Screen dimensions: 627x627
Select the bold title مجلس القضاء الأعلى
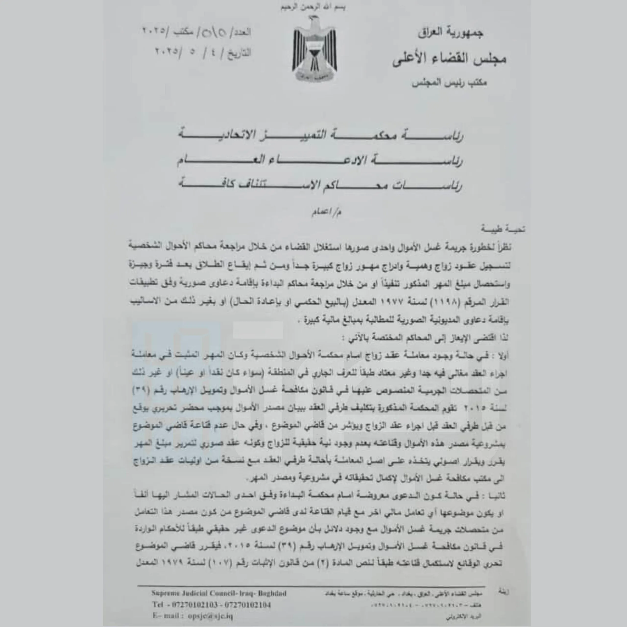click(449, 59)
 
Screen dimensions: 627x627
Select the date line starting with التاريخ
click(203, 53)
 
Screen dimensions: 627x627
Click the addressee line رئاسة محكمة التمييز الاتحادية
click(321, 136)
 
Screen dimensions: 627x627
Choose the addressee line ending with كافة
click(321, 186)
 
